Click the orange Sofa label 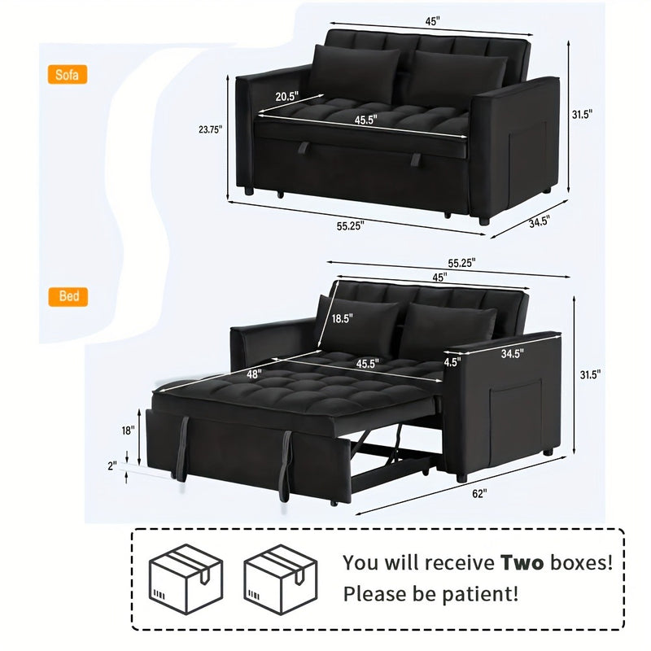tap(68, 75)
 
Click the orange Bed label tap(68, 296)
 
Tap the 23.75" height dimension tap(211, 129)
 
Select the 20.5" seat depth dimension tap(287, 96)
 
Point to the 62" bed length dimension tap(479, 494)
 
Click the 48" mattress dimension tap(254, 374)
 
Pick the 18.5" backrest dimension tap(342, 318)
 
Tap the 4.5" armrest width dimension tap(452, 362)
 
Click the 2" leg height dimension tap(112, 465)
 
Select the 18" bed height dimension tap(129, 430)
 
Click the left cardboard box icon tap(186, 579)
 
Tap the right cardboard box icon tap(281, 579)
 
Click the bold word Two tap(522, 562)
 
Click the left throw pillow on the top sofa tap(354, 73)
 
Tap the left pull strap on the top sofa tap(304, 148)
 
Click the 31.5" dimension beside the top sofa tap(582, 114)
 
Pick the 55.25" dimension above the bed tap(461, 263)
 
